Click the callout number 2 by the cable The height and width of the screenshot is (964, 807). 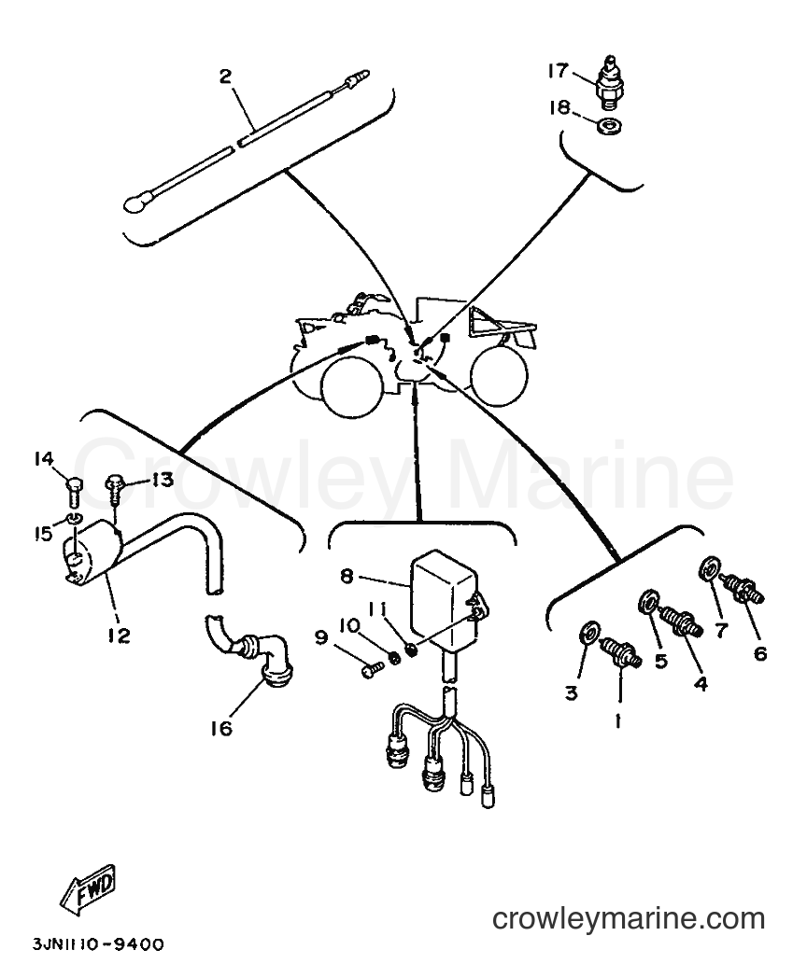point(225,77)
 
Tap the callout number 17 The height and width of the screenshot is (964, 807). point(559,71)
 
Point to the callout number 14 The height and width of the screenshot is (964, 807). point(44,458)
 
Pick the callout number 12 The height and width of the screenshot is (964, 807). point(119,636)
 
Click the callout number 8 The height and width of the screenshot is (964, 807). point(347,576)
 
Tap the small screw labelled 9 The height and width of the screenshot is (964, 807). point(371,669)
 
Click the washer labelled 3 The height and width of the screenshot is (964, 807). point(590,632)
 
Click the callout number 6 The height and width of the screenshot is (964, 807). point(760,653)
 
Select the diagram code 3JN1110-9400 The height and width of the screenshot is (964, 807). point(98,944)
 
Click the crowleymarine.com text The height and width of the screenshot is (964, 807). point(629,919)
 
